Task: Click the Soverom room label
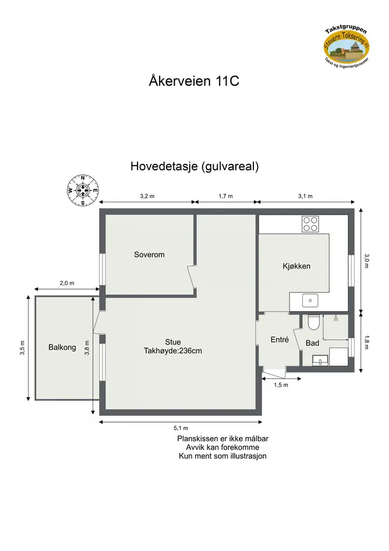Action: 149,254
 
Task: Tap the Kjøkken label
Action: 296,266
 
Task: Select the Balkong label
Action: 62,347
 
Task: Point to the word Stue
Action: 173,342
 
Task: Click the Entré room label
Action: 280,339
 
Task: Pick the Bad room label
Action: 313,343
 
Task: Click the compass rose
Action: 83,191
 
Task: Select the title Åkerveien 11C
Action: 194,81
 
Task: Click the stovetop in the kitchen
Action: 310,224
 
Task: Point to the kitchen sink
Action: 310,300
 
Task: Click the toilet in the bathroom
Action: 313,322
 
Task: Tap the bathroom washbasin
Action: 320,360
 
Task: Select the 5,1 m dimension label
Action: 181,428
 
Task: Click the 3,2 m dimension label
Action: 147,196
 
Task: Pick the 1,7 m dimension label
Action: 226,196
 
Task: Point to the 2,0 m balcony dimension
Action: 67,283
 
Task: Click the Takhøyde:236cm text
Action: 173,350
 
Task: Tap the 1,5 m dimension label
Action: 281,385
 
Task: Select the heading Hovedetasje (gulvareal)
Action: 194,166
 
